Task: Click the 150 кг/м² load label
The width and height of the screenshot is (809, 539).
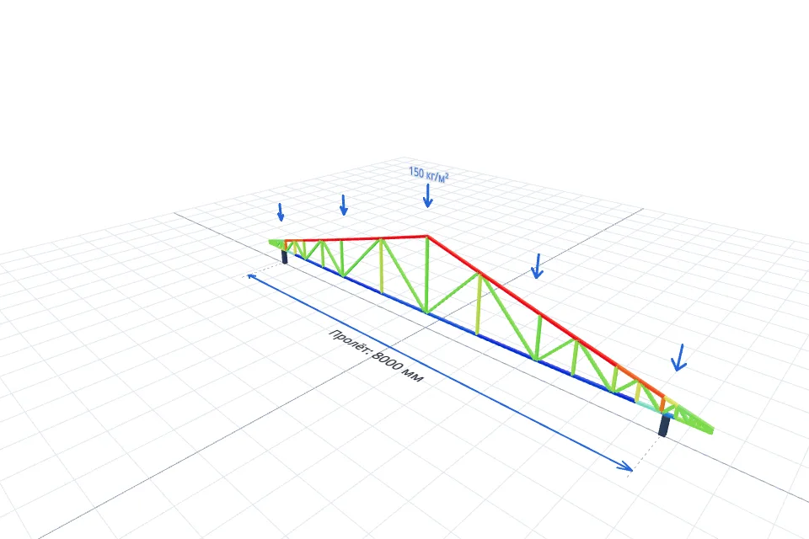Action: pyautogui.click(x=429, y=174)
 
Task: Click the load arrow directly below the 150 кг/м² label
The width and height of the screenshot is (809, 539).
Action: pyautogui.click(x=427, y=196)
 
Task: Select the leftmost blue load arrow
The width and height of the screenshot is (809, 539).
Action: pyautogui.click(x=281, y=212)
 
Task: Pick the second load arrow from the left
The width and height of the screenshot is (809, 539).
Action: pyautogui.click(x=344, y=205)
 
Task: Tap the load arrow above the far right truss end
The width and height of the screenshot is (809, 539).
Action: pyautogui.click(x=679, y=358)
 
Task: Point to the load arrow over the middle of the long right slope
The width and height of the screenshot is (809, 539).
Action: pyautogui.click(x=537, y=266)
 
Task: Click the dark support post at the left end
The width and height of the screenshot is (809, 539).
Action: pyautogui.click(x=284, y=257)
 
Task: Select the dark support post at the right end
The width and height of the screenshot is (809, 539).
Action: pyautogui.click(x=665, y=425)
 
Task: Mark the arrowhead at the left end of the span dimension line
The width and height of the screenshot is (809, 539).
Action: pyautogui.click(x=252, y=277)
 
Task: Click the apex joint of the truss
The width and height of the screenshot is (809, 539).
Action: pyautogui.click(x=427, y=236)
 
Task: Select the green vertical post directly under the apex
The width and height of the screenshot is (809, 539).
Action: pyautogui.click(x=426, y=274)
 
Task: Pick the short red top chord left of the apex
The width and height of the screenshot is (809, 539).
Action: pyautogui.click(x=356, y=239)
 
